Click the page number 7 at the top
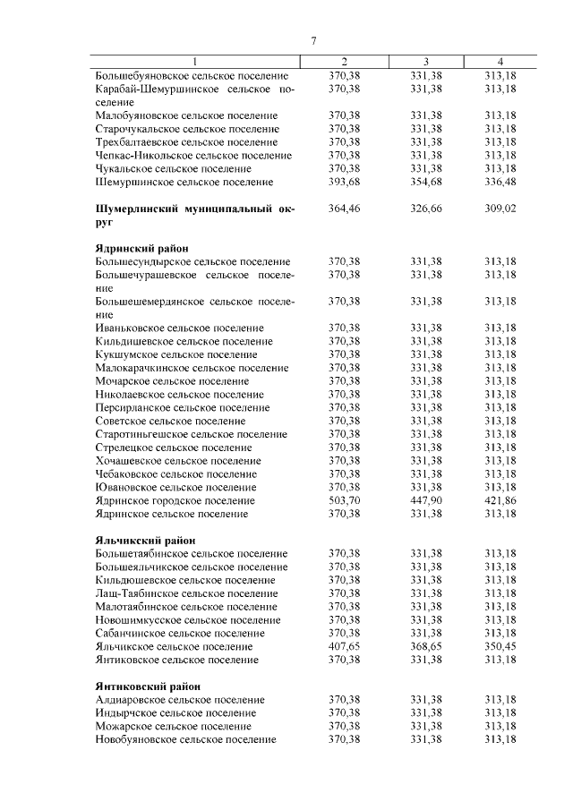tap(314, 41)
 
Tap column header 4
tap(500, 62)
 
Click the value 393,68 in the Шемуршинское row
tap(344, 182)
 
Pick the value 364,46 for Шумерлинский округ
tap(344, 208)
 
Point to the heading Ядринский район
tap(141, 248)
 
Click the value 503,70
tap(344, 500)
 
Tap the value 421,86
tap(500, 500)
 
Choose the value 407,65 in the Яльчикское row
tap(344, 645)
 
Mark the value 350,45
tap(500, 645)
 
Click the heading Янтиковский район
tap(148, 686)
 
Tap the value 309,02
tap(500, 208)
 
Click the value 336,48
tap(500, 182)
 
